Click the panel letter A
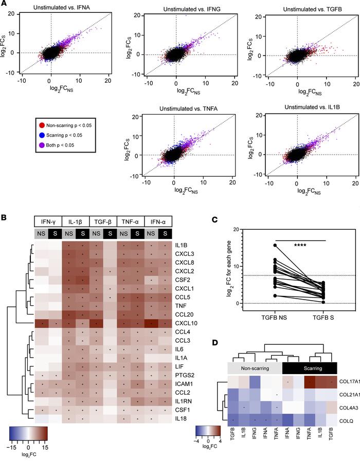click(x=4, y=4)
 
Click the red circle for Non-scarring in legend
click(x=26, y=125)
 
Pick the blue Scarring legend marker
click(x=26, y=135)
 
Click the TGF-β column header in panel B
click(x=103, y=221)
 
